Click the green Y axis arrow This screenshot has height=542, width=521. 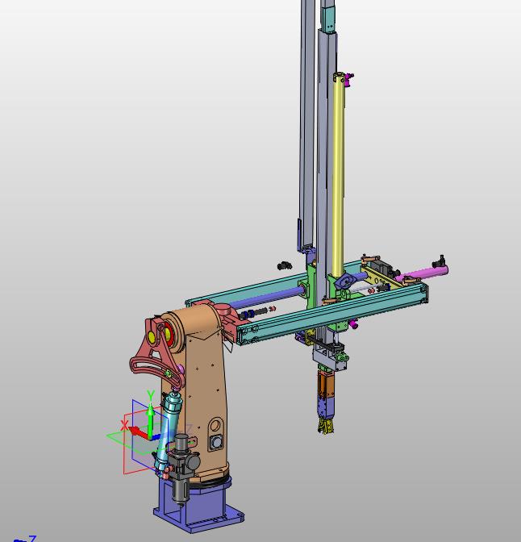[x=151, y=420]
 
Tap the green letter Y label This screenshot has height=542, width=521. [x=150, y=394]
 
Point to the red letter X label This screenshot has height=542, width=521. [x=124, y=425]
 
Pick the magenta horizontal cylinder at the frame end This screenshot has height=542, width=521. [x=422, y=273]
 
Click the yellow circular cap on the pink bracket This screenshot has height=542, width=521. [x=152, y=336]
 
